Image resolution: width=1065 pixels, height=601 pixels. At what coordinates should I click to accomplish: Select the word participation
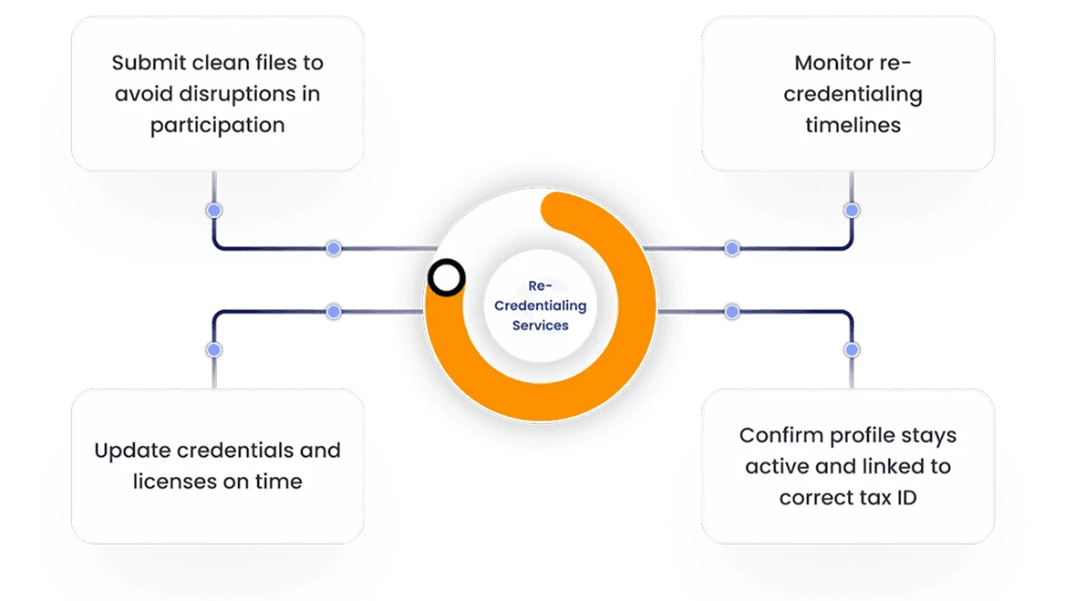pos(217,125)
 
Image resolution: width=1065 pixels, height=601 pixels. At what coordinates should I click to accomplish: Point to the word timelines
pos(853,125)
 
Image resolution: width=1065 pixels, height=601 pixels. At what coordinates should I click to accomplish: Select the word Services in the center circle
pos(540,325)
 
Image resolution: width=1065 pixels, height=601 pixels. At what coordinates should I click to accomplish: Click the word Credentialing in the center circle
pos(540,306)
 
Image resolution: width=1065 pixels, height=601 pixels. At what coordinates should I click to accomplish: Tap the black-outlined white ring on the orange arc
pos(447,278)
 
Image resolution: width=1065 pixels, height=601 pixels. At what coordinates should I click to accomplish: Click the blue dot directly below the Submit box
pos(213,211)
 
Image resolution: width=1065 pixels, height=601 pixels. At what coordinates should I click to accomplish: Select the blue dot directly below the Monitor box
pos(852,211)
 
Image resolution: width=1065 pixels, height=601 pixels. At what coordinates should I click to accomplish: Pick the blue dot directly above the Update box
pos(213,349)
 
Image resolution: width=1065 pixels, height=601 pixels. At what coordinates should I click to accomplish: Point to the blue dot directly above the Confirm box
pos(852,349)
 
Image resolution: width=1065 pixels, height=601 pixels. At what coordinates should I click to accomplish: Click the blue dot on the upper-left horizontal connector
pos(334,248)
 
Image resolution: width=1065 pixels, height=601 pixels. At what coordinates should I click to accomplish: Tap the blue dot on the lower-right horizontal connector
pos(731,312)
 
